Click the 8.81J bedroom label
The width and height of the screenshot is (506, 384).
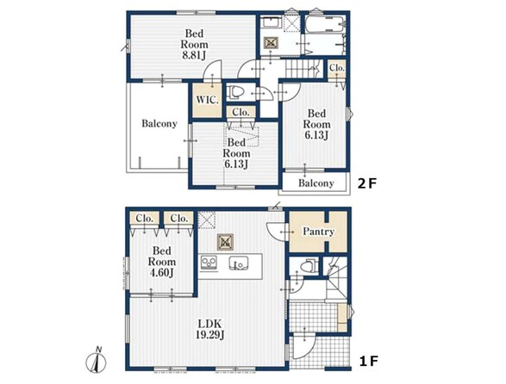pos(194,44)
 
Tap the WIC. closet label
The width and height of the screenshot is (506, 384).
pos(208,100)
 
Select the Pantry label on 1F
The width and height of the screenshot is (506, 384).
pos(318,232)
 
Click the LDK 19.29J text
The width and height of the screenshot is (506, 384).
pos(209,329)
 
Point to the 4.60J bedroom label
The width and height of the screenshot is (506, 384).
pos(162,262)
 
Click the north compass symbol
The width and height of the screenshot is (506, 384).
pos(97,361)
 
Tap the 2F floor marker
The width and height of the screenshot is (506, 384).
pos(367,183)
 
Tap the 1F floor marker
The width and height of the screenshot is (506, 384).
pos(368,361)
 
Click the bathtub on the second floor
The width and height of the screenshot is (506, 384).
pos(325,24)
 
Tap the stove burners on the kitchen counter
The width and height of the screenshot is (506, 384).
pos(209,262)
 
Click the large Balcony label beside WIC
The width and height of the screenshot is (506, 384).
pos(159,124)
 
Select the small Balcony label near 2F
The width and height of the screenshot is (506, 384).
pos(316,183)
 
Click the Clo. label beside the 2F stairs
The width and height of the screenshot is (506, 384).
pos(337,68)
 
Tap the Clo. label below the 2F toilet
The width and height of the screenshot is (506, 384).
pos(241,112)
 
